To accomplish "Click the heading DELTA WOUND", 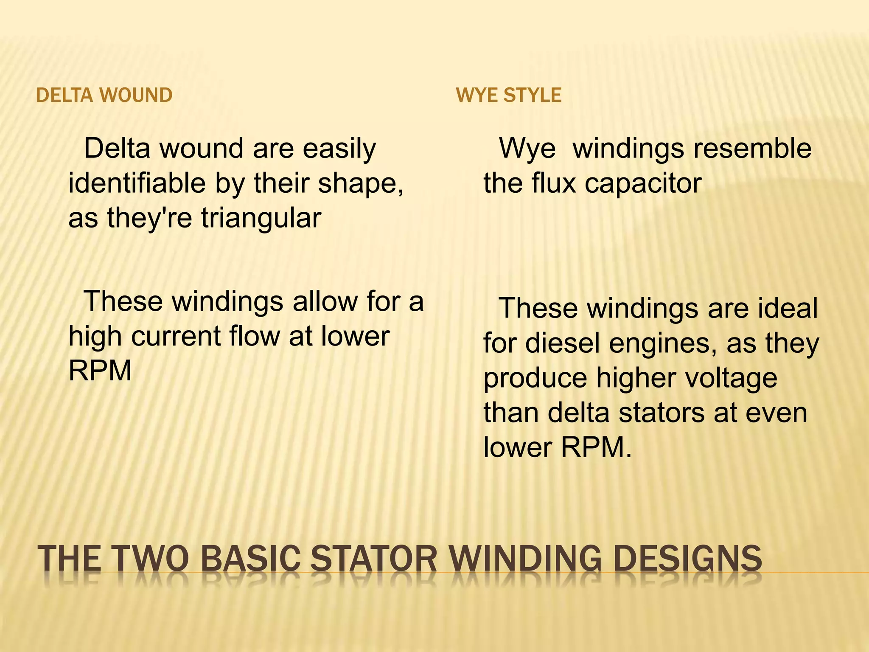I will click(104, 95).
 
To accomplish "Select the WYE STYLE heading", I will click(508, 95).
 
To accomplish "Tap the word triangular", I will click(261, 218).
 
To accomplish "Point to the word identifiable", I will click(137, 183).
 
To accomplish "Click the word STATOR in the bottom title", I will click(373, 559).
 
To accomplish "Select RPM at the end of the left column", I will click(100, 371).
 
